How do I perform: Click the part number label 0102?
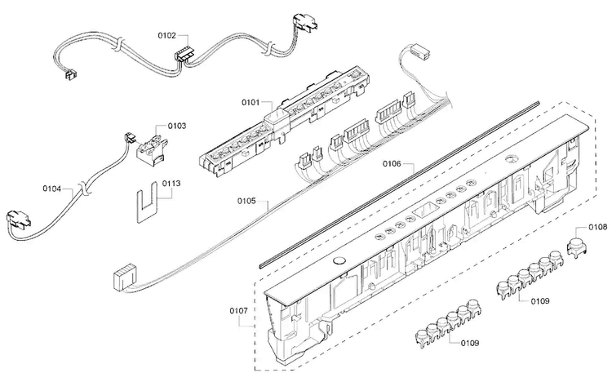click(166, 36)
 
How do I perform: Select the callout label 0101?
click(251, 102)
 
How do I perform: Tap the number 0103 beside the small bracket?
click(177, 126)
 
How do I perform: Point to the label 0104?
click(52, 189)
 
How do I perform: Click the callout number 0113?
click(171, 183)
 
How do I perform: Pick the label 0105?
click(246, 201)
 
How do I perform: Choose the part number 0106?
click(392, 164)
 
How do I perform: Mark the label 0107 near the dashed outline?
click(238, 311)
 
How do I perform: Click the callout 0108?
click(598, 227)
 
